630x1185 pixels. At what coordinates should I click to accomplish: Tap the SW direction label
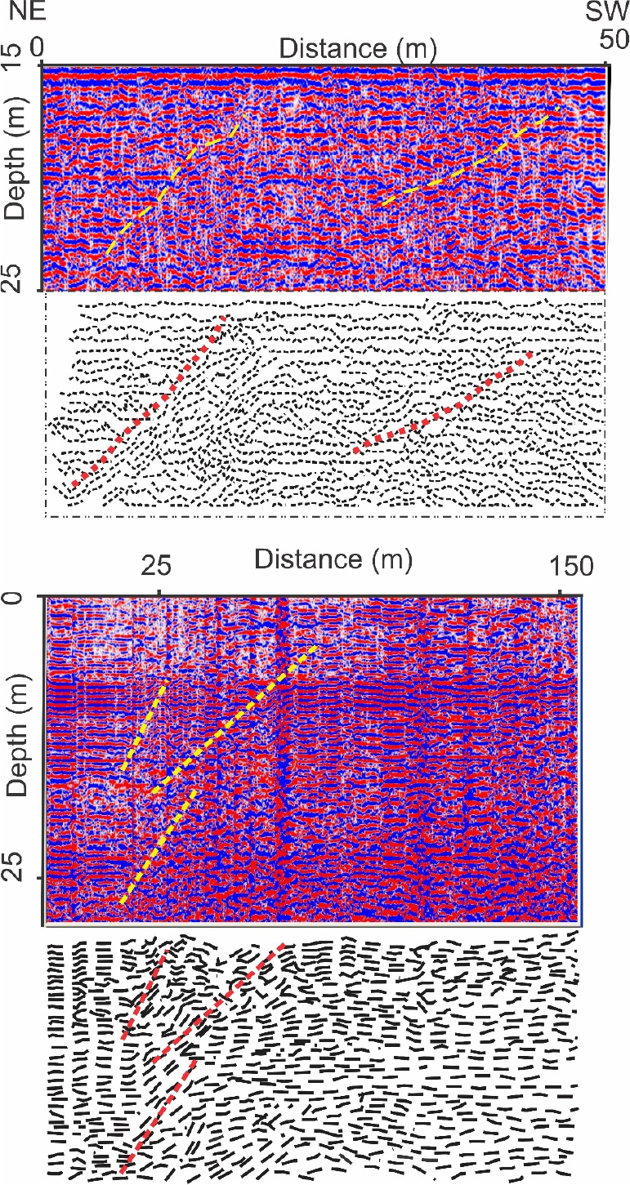click(x=608, y=12)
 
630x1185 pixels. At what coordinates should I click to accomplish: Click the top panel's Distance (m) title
click(x=358, y=49)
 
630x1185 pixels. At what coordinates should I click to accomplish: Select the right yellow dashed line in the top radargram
click(x=470, y=155)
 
